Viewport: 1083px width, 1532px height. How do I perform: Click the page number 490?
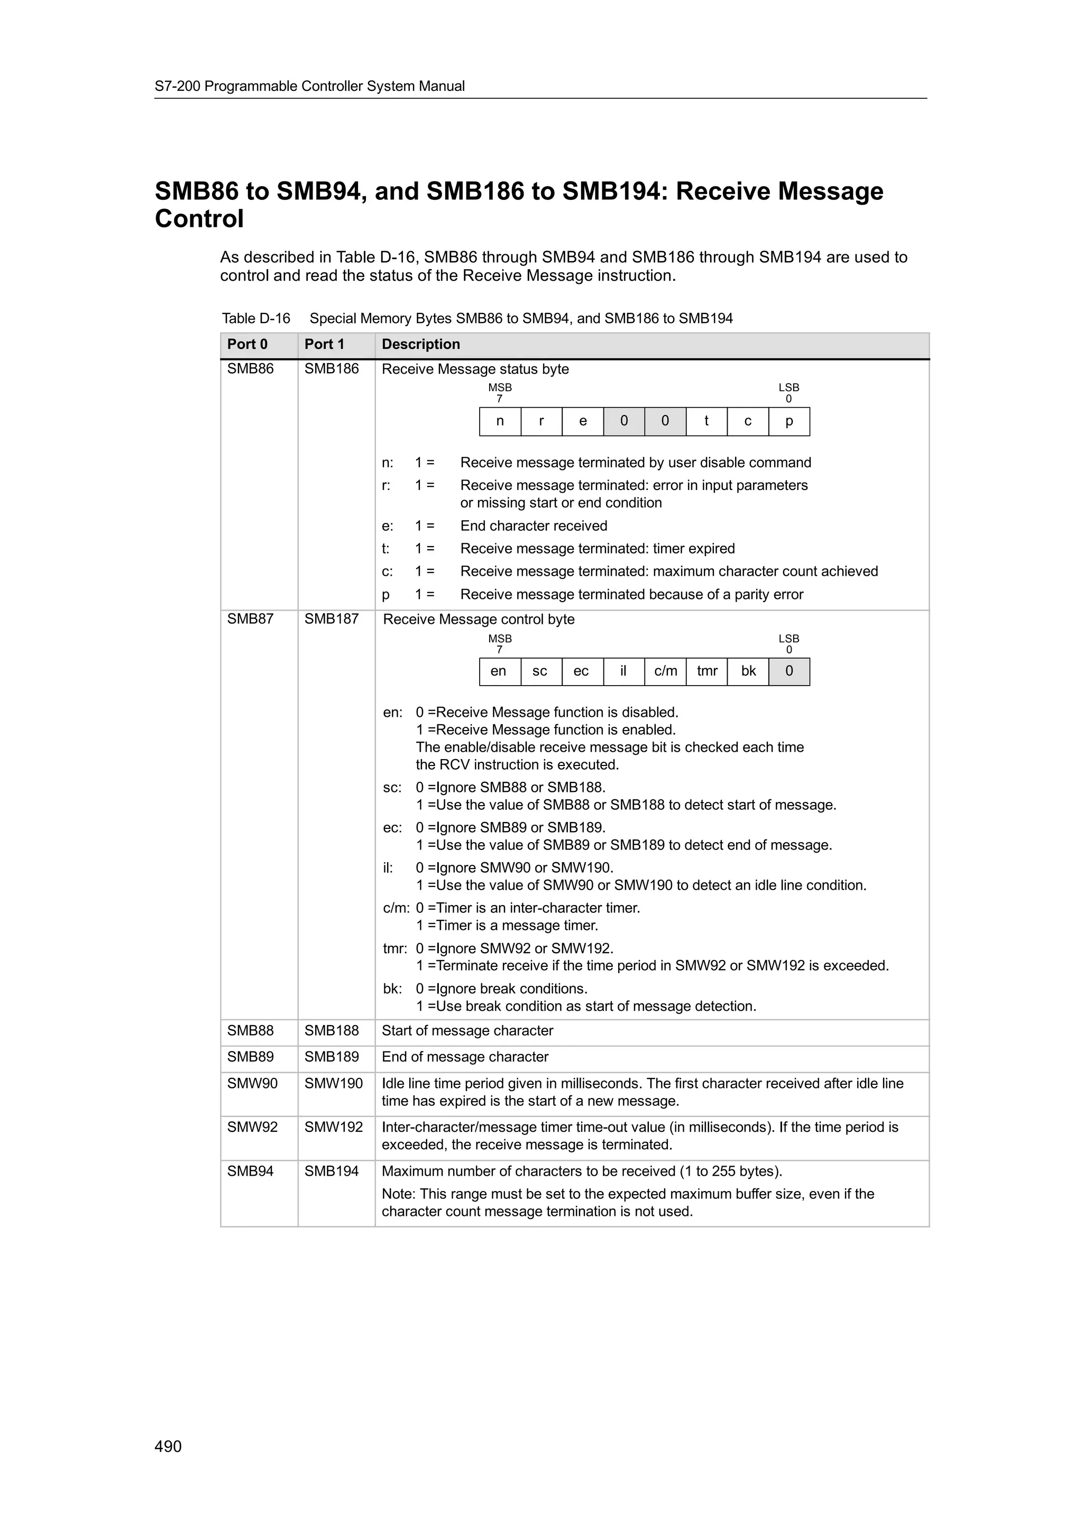click(168, 1446)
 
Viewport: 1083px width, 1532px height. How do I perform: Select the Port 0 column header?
click(247, 344)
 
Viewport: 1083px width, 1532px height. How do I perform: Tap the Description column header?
click(420, 344)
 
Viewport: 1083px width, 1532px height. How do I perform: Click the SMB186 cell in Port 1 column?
click(331, 369)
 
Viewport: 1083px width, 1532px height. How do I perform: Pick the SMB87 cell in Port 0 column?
click(250, 619)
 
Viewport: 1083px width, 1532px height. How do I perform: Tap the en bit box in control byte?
click(499, 671)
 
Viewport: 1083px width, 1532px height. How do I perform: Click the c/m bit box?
click(665, 671)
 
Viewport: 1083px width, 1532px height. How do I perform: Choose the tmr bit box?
click(706, 671)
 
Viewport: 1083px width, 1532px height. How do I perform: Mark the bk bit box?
click(748, 671)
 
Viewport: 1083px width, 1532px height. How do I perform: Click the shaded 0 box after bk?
click(790, 671)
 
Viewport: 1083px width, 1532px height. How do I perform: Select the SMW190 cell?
click(333, 1083)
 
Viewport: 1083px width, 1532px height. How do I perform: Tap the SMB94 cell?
click(250, 1171)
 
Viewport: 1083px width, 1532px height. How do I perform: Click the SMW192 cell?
click(333, 1127)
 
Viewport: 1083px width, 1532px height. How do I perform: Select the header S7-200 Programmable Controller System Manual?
click(310, 86)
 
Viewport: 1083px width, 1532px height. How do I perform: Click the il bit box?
click(623, 671)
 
